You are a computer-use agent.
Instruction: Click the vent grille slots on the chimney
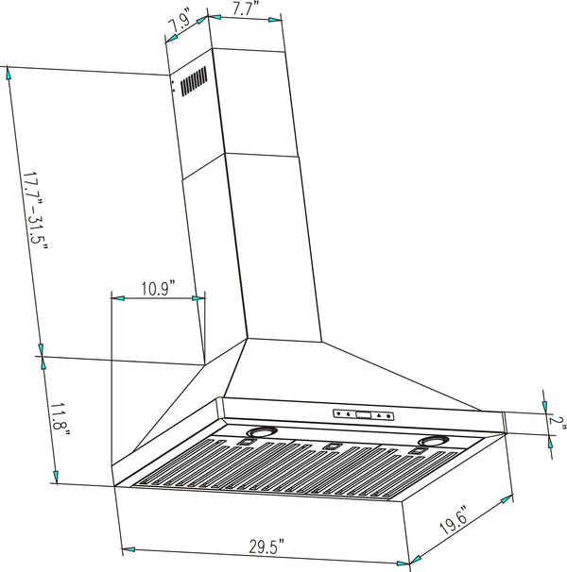194,82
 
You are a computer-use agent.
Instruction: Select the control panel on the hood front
363,414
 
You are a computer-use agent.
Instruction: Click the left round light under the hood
258,435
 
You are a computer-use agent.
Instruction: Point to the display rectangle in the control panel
364,414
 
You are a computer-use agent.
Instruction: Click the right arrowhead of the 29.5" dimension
404,564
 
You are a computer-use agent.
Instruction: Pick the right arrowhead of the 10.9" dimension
198,298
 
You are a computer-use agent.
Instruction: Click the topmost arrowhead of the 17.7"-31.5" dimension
8,73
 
